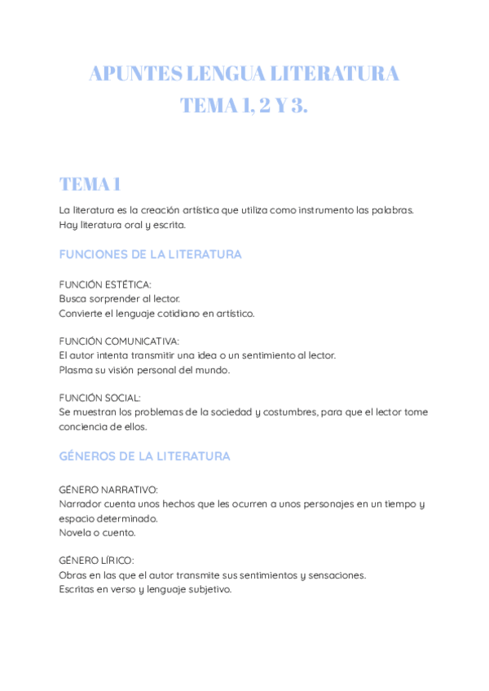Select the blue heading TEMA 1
coord(90,183)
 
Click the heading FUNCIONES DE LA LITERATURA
coord(150,254)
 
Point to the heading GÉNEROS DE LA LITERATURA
coord(144,456)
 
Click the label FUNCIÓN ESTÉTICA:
coord(105,284)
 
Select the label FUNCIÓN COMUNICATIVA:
coord(119,341)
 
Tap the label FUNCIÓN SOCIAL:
coord(99,398)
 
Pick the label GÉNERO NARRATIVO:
coord(108,490)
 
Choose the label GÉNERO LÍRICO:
coord(97,561)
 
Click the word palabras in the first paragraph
coord(392,210)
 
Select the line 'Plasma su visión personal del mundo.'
coord(144,369)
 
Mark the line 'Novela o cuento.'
coord(97,532)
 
